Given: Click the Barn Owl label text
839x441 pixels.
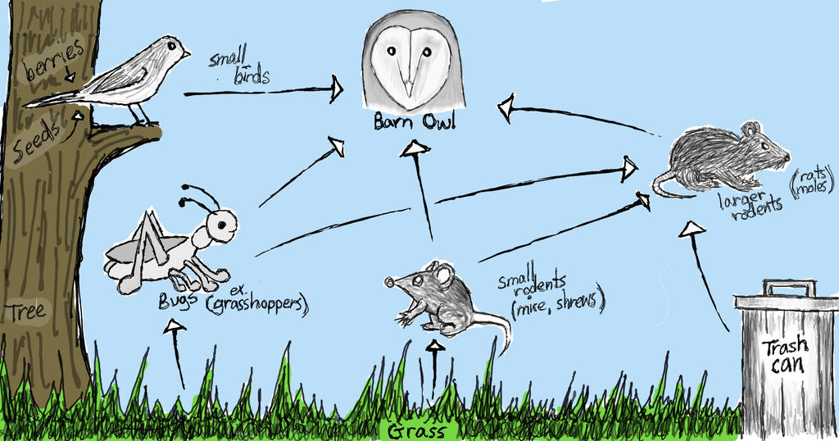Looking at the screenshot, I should (x=414, y=122).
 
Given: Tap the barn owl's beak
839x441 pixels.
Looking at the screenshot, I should (x=407, y=81).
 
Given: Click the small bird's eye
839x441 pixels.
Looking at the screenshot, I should (x=171, y=46).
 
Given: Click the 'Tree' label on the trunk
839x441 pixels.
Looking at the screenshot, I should (x=27, y=311).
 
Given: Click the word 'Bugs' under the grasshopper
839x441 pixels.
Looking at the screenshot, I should (x=178, y=301).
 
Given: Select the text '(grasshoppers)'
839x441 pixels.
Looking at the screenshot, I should (x=256, y=307).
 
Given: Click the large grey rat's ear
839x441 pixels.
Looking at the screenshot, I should (x=751, y=130).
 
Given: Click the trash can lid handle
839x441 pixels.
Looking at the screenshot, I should (x=789, y=288).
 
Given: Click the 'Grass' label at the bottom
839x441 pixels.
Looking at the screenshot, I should (x=418, y=431).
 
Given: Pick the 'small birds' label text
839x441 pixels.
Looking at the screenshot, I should (x=238, y=67).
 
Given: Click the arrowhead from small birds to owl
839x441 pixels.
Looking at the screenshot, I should (x=337, y=89).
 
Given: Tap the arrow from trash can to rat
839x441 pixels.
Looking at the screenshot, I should (x=706, y=271).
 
